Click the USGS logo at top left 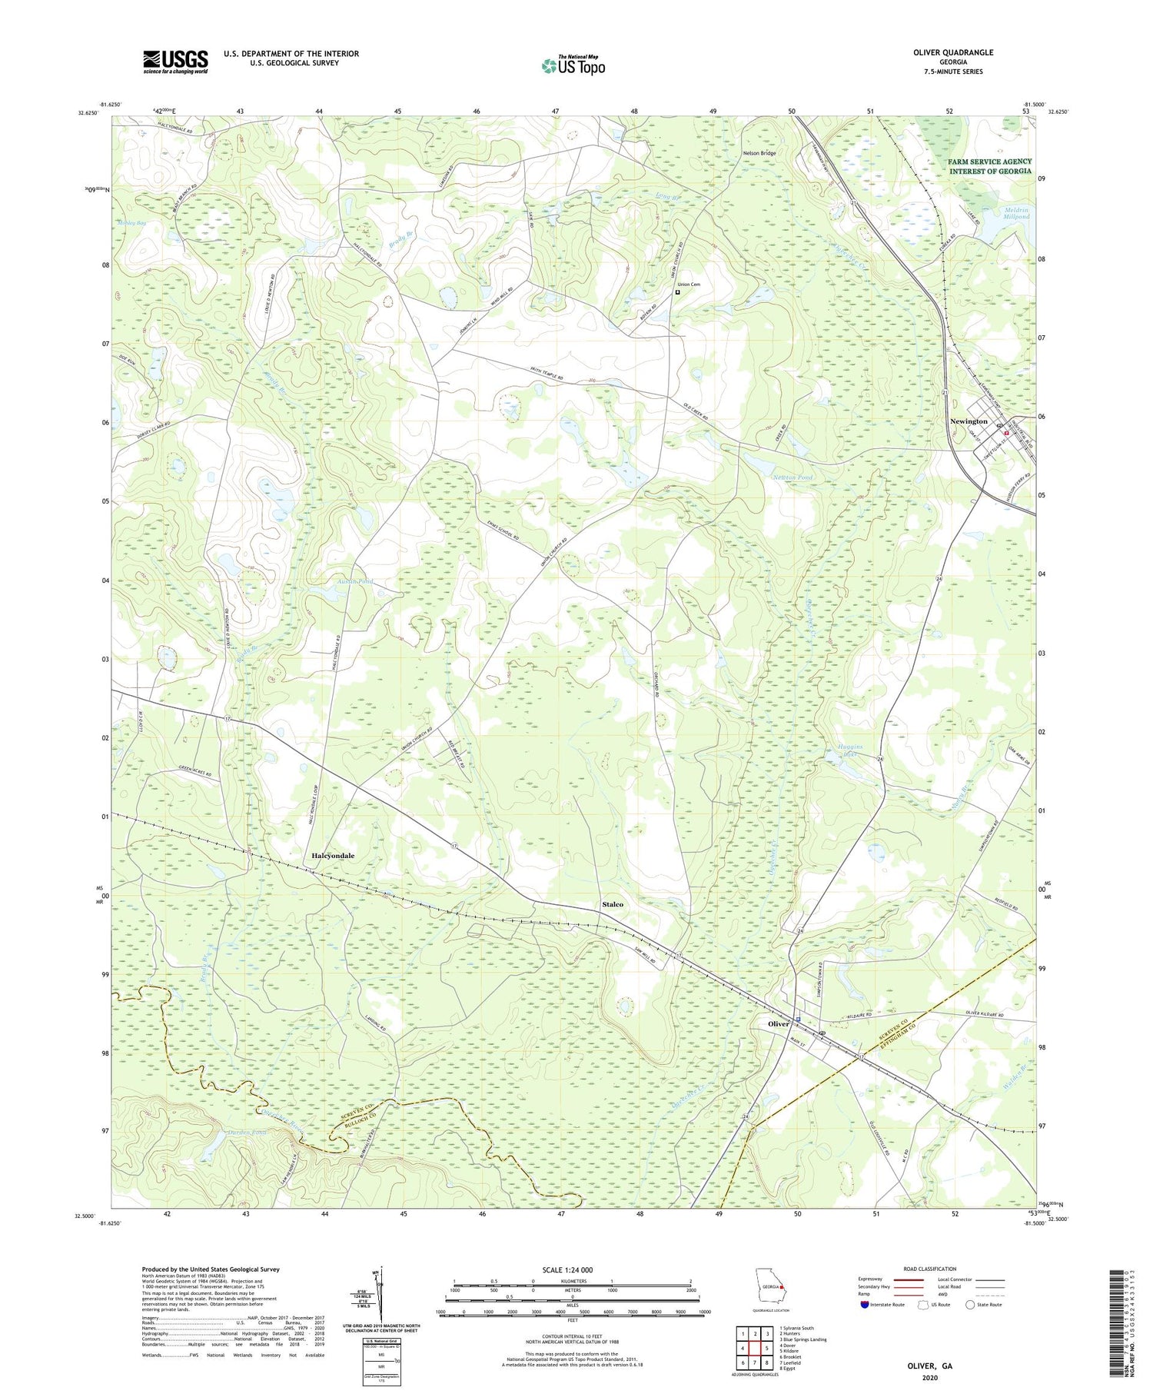[175, 62]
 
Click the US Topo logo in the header [573, 65]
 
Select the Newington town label [968, 421]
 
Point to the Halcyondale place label [333, 855]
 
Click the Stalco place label [613, 904]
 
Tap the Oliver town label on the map [778, 1024]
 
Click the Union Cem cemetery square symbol [677, 292]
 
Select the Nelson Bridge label [759, 153]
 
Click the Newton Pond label [792, 477]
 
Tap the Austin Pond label [355, 581]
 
